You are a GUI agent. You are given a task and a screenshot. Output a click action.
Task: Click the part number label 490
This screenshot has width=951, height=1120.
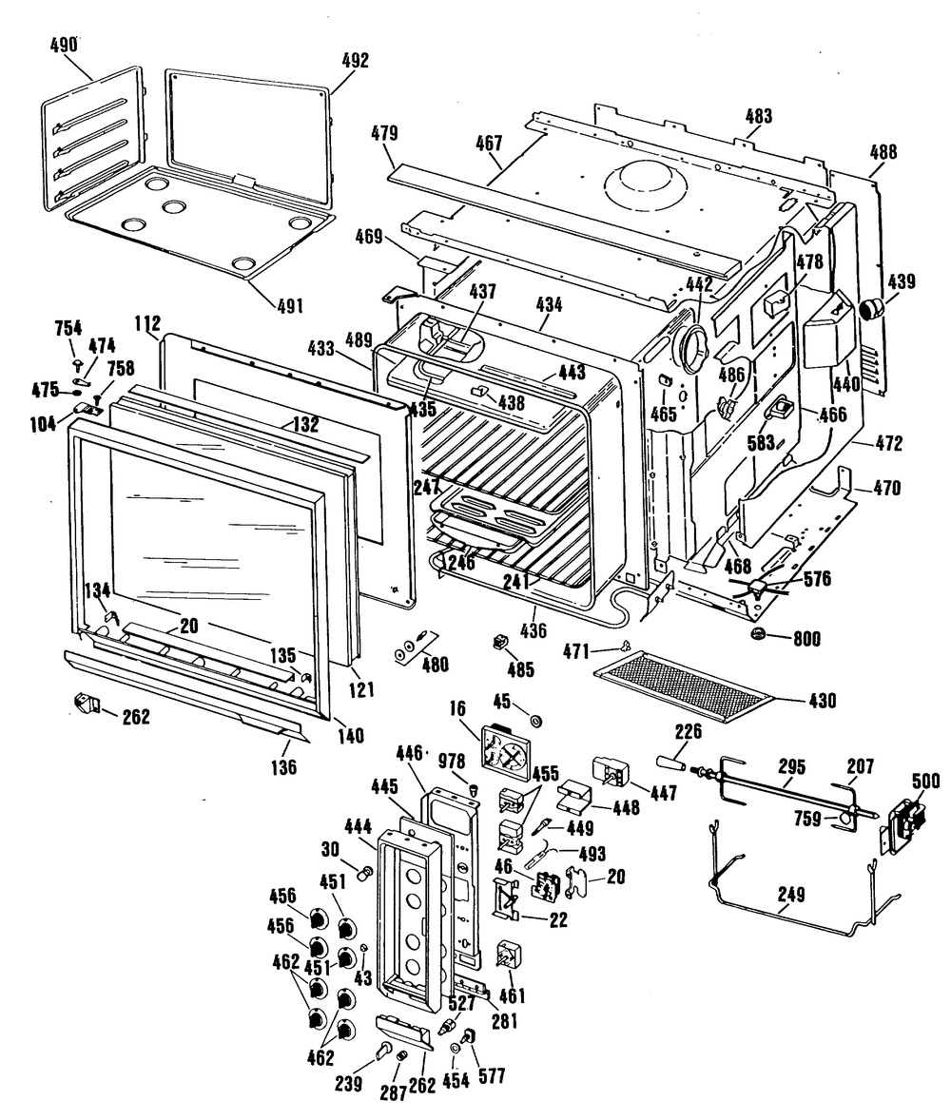[63, 45]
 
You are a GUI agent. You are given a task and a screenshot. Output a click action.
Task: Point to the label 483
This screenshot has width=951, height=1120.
[758, 117]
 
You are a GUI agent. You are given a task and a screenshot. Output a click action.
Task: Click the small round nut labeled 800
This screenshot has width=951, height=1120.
[758, 635]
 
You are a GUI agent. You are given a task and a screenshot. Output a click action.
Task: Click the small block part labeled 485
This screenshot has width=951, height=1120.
[496, 642]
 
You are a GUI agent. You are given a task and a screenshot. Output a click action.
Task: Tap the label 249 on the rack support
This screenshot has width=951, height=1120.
[790, 894]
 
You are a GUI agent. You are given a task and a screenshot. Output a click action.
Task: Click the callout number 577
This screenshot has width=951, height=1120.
[492, 1076]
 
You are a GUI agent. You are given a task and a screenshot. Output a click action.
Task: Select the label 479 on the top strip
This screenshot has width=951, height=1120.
[384, 132]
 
